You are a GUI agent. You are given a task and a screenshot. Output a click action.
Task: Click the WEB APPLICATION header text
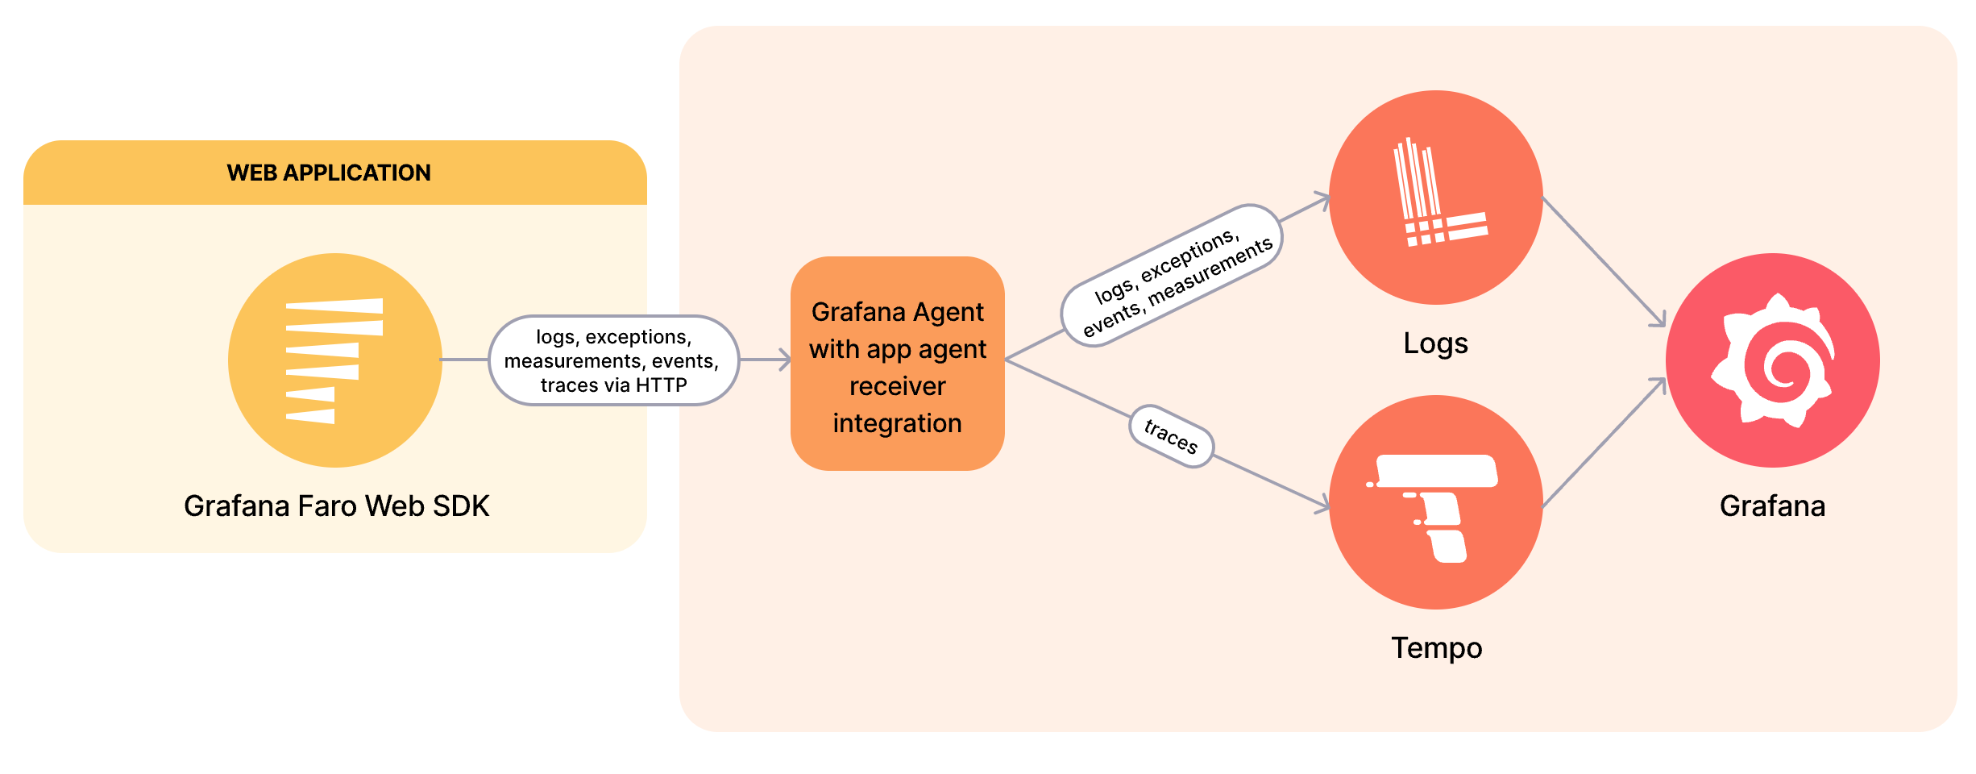[x=329, y=173]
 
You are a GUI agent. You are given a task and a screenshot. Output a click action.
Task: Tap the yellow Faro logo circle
[x=334, y=360]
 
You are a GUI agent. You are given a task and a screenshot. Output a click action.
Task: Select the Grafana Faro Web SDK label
[x=336, y=506]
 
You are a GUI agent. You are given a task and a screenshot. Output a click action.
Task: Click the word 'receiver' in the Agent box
[x=897, y=386]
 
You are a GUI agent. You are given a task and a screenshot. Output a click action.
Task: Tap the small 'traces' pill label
[x=1171, y=436]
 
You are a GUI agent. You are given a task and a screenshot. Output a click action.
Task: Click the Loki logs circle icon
[x=1435, y=198]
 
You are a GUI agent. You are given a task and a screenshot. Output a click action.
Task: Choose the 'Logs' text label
[x=1435, y=343]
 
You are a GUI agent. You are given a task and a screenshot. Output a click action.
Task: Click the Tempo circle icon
[x=1435, y=501]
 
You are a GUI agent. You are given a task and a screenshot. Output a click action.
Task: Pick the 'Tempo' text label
[x=1436, y=648]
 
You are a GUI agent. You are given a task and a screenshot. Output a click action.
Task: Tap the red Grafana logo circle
[x=1772, y=360]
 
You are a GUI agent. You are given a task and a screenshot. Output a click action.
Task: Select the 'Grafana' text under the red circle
[x=1772, y=506]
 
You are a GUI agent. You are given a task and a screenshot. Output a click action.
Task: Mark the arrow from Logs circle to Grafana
[x=1604, y=262]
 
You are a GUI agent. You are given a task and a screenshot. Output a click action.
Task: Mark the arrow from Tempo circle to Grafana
[x=1604, y=443]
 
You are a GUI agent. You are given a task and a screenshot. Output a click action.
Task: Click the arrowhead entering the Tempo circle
[x=1322, y=506]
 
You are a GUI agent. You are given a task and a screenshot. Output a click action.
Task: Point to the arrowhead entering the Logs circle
[x=1322, y=198]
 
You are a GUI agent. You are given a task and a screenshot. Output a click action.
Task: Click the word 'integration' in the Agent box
[x=897, y=423]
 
